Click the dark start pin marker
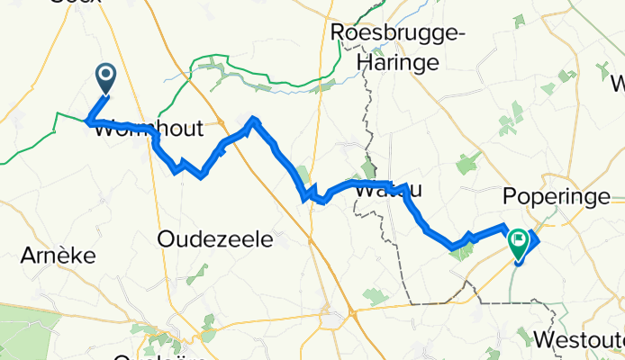[x=105, y=78]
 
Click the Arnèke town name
[x=58, y=256]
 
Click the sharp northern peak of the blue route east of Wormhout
[x=255, y=119]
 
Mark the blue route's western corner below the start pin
[x=88, y=121]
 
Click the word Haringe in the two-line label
[x=397, y=63]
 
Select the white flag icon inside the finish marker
[x=519, y=239]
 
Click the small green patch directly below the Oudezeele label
[x=196, y=270]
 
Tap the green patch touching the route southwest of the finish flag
[x=460, y=251]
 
